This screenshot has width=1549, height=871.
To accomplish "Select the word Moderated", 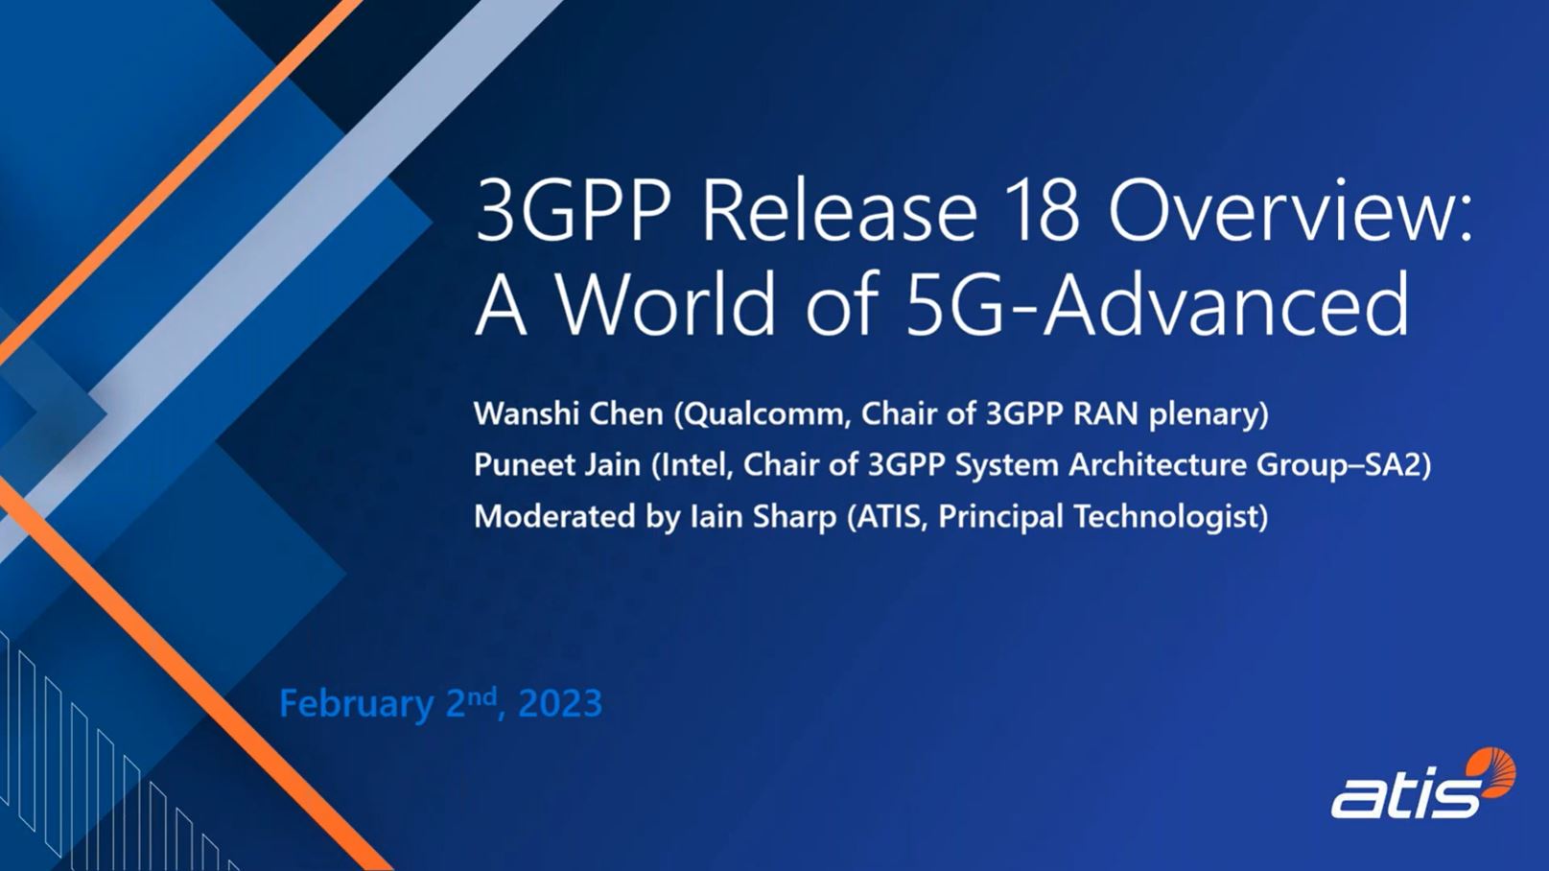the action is [x=554, y=516].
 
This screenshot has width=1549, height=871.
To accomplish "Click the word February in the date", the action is [x=356, y=704].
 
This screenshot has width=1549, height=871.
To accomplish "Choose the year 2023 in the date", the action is [x=560, y=703].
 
